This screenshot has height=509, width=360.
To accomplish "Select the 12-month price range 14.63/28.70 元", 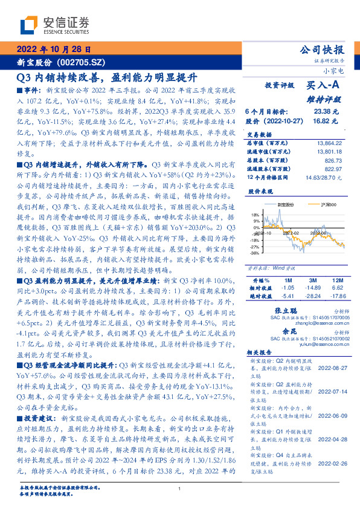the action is (323, 177).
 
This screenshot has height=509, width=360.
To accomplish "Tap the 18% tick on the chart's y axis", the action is (254, 214).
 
